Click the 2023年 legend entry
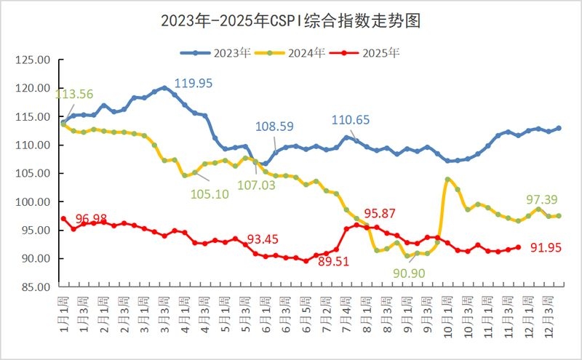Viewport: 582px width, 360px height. point(215,52)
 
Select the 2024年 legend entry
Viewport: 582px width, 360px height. point(295,52)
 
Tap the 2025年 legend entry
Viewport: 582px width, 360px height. point(371,52)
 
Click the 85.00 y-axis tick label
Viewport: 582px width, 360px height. point(33,287)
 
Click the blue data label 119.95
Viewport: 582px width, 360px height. point(194,84)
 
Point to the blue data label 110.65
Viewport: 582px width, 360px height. point(351,120)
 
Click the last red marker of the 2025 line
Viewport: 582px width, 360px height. point(518,247)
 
